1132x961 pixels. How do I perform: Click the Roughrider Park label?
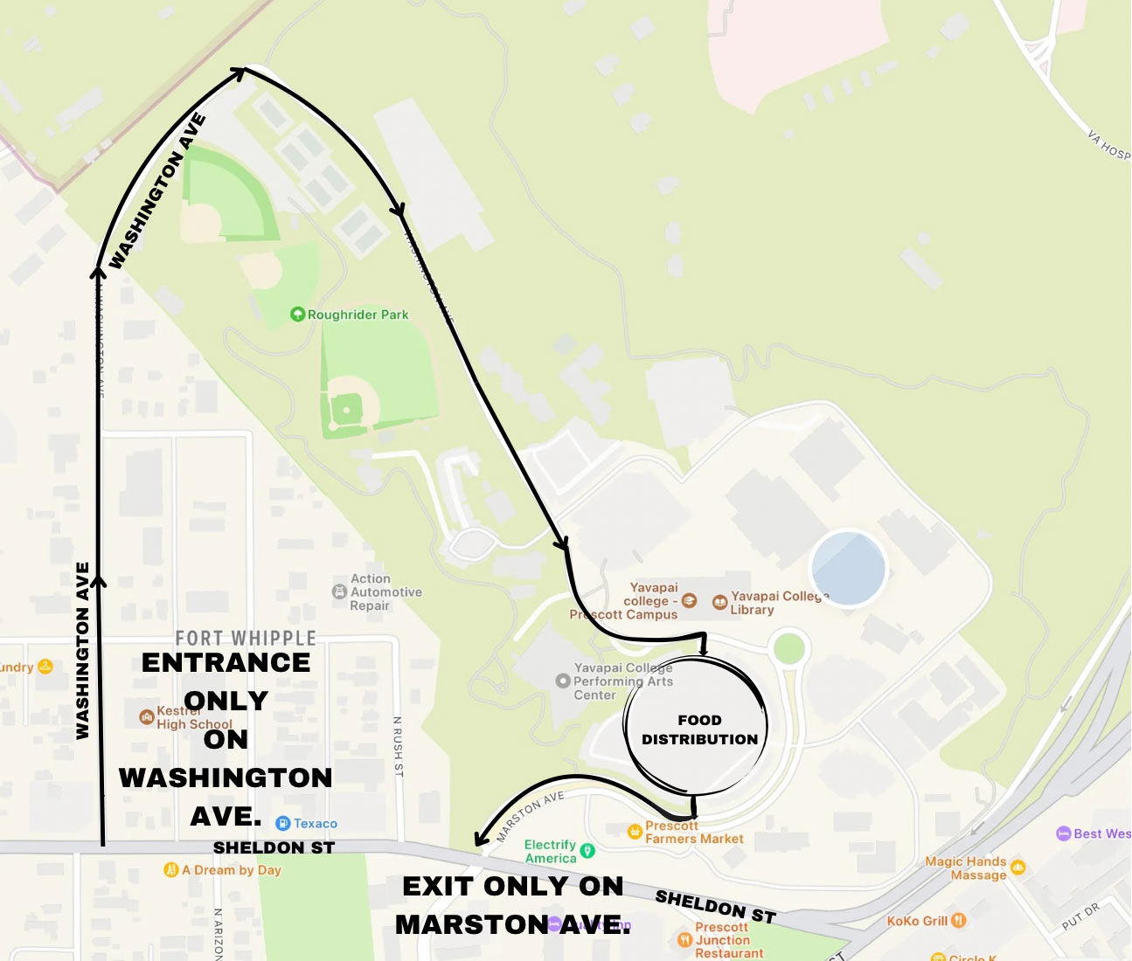[x=358, y=315]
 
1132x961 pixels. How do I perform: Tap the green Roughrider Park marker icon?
[x=297, y=314]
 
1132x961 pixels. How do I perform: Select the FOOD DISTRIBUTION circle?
[x=697, y=729]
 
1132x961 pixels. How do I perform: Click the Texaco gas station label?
[x=315, y=824]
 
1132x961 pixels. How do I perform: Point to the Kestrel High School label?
[x=194, y=718]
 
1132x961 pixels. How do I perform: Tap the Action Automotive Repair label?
[x=385, y=592]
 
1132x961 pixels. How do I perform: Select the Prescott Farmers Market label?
[x=693, y=833]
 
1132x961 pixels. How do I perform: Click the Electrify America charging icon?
[x=587, y=850]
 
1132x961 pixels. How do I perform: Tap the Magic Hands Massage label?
[x=966, y=868]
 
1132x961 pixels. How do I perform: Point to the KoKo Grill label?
[x=916, y=921]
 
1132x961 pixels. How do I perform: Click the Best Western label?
[x=1101, y=833]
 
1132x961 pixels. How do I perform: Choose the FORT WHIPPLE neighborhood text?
[x=246, y=639]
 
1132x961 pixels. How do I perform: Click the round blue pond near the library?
[x=848, y=568]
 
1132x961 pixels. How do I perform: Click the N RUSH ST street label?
[x=399, y=746]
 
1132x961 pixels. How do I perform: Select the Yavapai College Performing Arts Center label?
[x=622, y=681]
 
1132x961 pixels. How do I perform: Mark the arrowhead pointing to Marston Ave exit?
[x=479, y=840]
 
